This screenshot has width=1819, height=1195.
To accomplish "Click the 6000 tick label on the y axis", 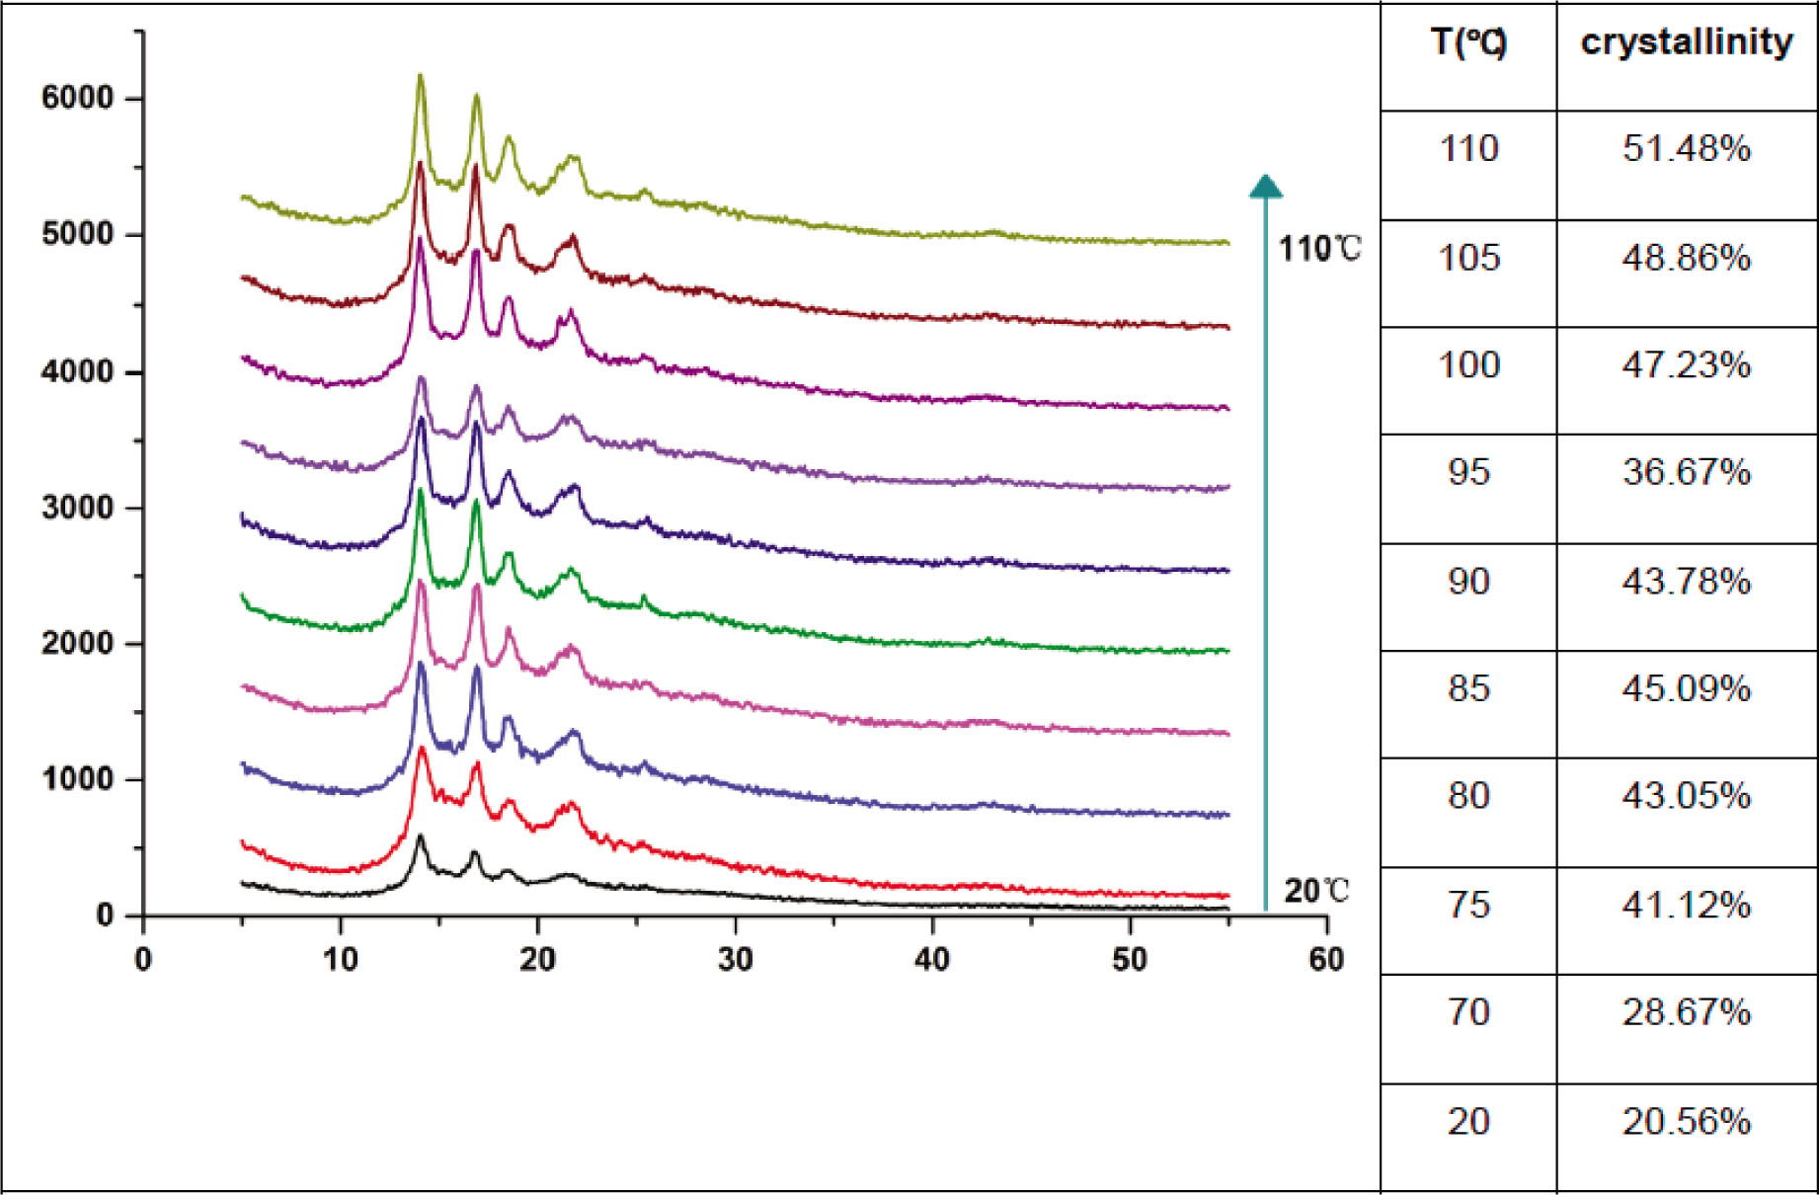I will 77,98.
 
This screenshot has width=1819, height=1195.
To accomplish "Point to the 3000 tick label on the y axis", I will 77,508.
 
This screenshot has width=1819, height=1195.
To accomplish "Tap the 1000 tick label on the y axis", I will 77,779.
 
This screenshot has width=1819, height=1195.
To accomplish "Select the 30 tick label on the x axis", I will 735,959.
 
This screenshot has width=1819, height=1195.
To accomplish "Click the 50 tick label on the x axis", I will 1130,959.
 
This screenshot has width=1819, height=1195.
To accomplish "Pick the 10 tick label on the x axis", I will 341,959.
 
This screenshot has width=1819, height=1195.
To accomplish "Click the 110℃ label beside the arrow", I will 1319,249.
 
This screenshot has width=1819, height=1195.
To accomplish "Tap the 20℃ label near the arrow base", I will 1316,892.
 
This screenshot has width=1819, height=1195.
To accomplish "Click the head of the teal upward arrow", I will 1265,186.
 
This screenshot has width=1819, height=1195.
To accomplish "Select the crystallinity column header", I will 1687,42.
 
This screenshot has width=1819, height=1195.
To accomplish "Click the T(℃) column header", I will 1468,42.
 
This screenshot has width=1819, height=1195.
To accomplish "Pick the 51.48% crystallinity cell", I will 1686,149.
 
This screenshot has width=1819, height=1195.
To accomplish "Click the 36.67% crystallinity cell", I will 1686,472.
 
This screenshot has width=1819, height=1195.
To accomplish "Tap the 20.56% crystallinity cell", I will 1686,1122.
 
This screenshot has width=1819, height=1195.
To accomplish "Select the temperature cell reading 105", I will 1468,258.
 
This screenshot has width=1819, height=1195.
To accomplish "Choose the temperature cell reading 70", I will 1468,1012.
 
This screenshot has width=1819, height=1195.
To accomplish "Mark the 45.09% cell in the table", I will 1686,688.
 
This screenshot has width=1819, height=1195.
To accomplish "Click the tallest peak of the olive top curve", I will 420,77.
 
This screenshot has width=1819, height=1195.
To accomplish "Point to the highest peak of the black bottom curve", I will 420,837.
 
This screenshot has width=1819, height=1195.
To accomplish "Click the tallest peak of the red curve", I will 422,750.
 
